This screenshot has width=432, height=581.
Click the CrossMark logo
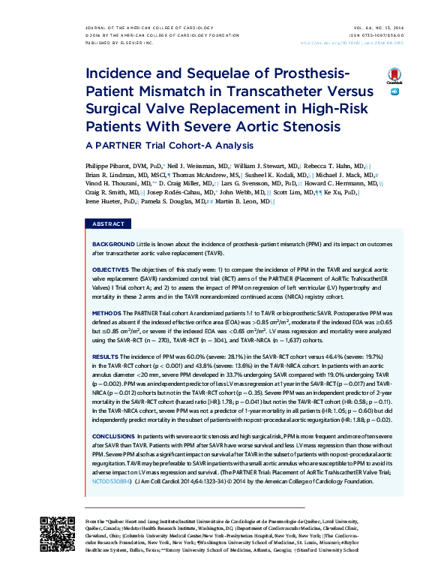click(x=394, y=77)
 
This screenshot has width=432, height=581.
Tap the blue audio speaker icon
click(x=394, y=92)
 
